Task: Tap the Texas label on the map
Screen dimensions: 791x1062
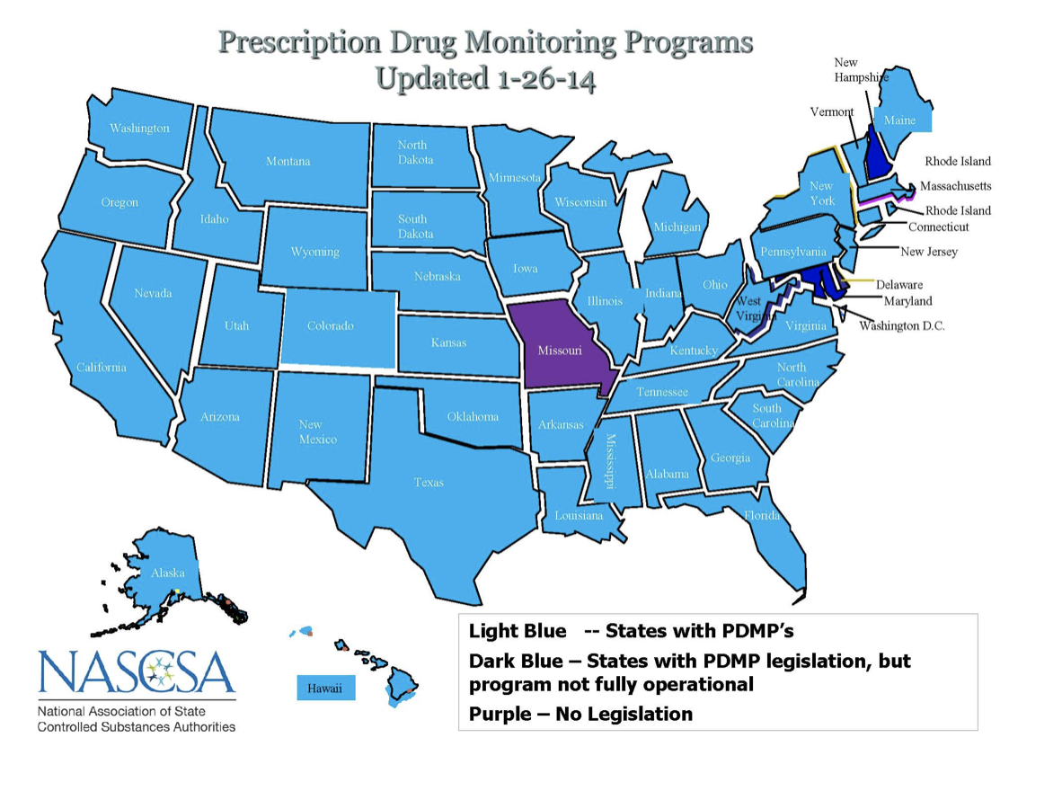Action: pyautogui.click(x=429, y=483)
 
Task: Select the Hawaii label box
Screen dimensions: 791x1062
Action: pyautogui.click(x=325, y=689)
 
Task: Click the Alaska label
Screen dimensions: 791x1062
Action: pyautogui.click(x=167, y=573)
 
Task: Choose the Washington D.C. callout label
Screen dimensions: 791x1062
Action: pyautogui.click(x=901, y=325)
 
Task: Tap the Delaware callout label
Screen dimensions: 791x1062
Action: pyautogui.click(x=898, y=285)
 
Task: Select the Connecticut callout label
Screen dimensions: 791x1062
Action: pyautogui.click(x=938, y=227)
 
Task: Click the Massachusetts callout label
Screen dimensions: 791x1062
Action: pyautogui.click(x=955, y=186)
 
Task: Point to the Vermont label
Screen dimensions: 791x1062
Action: pyautogui.click(x=832, y=112)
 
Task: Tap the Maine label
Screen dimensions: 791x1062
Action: pyautogui.click(x=899, y=120)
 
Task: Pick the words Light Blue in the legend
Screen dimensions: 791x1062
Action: pyautogui.click(x=518, y=631)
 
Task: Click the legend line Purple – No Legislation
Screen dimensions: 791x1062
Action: pyautogui.click(x=580, y=715)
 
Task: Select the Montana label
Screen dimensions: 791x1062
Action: pyautogui.click(x=288, y=162)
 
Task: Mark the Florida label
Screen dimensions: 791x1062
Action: pyautogui.click(x=761, y=516)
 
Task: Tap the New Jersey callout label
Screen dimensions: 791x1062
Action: pyautogui.click(x=929, y=253)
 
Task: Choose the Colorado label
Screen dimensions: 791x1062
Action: pyautogui.click(x=330, y=326)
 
